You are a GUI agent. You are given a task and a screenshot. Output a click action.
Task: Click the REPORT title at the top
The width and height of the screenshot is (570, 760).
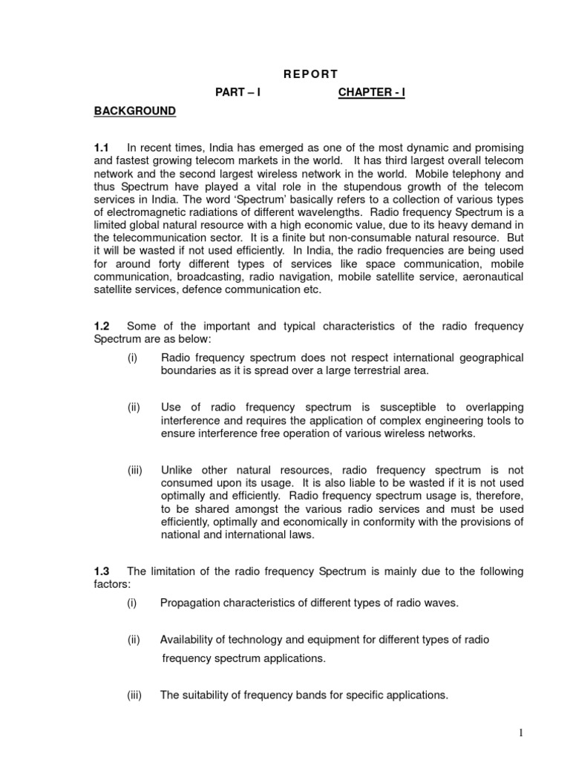(310, 73)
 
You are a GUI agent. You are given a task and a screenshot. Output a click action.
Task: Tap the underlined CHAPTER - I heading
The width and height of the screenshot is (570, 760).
(372, 92)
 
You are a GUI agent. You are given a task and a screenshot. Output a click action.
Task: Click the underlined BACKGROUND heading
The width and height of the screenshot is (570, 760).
(134, 111)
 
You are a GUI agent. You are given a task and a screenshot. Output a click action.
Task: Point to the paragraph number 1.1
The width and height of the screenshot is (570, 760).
(102, 148)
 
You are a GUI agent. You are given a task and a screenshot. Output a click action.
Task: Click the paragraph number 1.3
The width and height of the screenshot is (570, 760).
(102, 571)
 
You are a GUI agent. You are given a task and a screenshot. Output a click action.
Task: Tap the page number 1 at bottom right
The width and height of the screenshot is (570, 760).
(522, 733)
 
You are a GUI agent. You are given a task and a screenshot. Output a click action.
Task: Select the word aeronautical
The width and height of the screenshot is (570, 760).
(491, 277)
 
